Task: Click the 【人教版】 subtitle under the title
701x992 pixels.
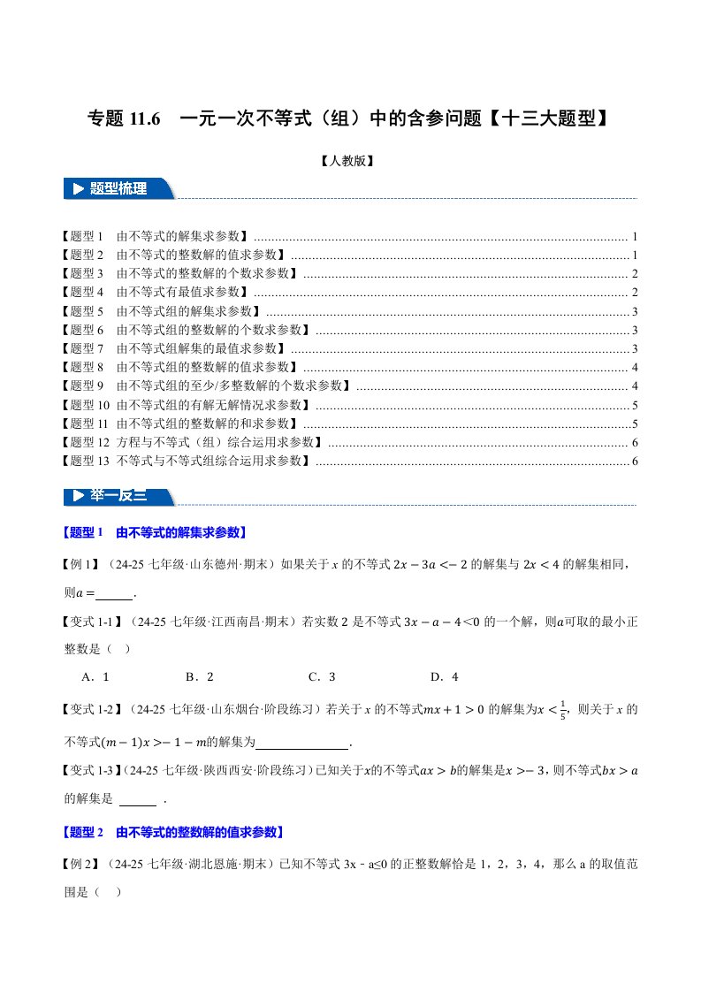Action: coord(349,161)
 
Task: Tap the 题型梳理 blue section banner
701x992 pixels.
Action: coord(119,188)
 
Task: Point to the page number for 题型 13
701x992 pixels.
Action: coord(635,461)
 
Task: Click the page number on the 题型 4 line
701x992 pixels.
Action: coord(635,293)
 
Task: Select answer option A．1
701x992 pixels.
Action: coord(94,677)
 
